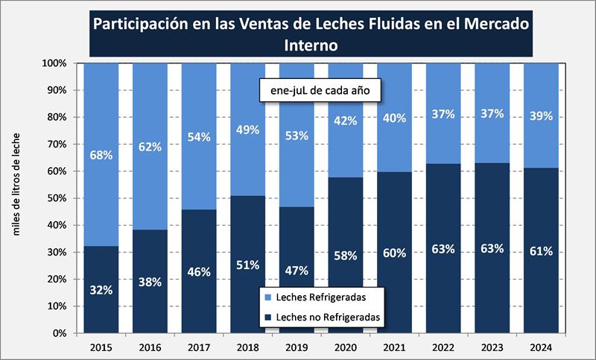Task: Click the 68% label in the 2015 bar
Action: (101, 156)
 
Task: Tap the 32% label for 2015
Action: (101, 290)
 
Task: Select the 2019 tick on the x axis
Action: (296, 347)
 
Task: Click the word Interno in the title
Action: (311, 45)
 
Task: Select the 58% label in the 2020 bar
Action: (345, 256)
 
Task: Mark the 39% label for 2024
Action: (540, 116)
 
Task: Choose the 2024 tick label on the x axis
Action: (540, 347)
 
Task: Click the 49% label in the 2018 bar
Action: (247, 130)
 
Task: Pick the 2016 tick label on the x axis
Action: (149, 347)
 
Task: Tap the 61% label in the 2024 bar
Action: (540, 251)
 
